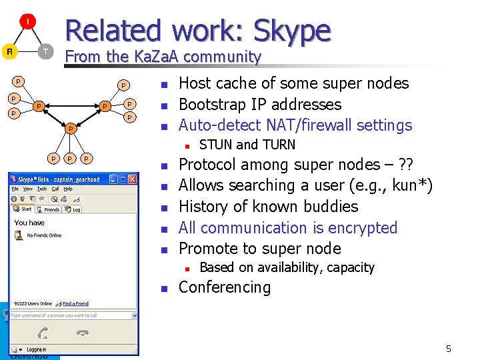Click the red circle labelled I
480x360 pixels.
(28, 22)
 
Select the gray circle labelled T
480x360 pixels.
(45, 51)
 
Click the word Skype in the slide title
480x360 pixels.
(292, 31)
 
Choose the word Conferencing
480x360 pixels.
(225, 287)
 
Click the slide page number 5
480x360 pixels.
(449, 349)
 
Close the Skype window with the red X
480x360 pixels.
(133, 179)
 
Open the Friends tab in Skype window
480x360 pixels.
(52, 209)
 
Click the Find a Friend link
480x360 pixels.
(75, 303)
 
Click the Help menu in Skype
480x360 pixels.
(67, 189)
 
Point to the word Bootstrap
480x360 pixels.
(213, 105)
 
